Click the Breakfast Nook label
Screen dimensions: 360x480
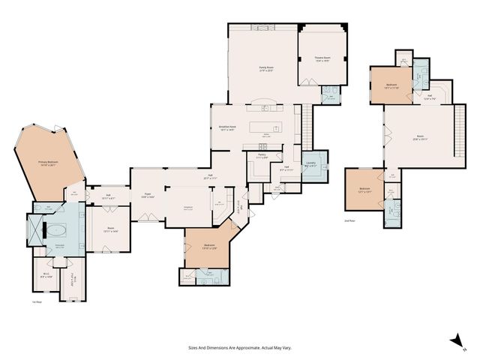click(x=227, y=128)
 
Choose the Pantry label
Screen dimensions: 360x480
click(x=262, y=157)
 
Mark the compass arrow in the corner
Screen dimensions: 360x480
click(x=454, y=341)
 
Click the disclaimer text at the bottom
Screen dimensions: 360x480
click(x=239, y=348)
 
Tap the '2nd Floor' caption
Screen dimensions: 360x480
click(x=349, y=221)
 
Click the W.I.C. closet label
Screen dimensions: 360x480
click(x=46, y=275)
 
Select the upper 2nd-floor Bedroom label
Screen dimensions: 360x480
click(x=391, y=86)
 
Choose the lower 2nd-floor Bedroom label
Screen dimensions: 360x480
click(x=364, y=190)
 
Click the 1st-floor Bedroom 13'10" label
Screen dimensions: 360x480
click(x=210, y=247)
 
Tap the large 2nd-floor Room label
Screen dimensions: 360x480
click(x=419, y=138)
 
